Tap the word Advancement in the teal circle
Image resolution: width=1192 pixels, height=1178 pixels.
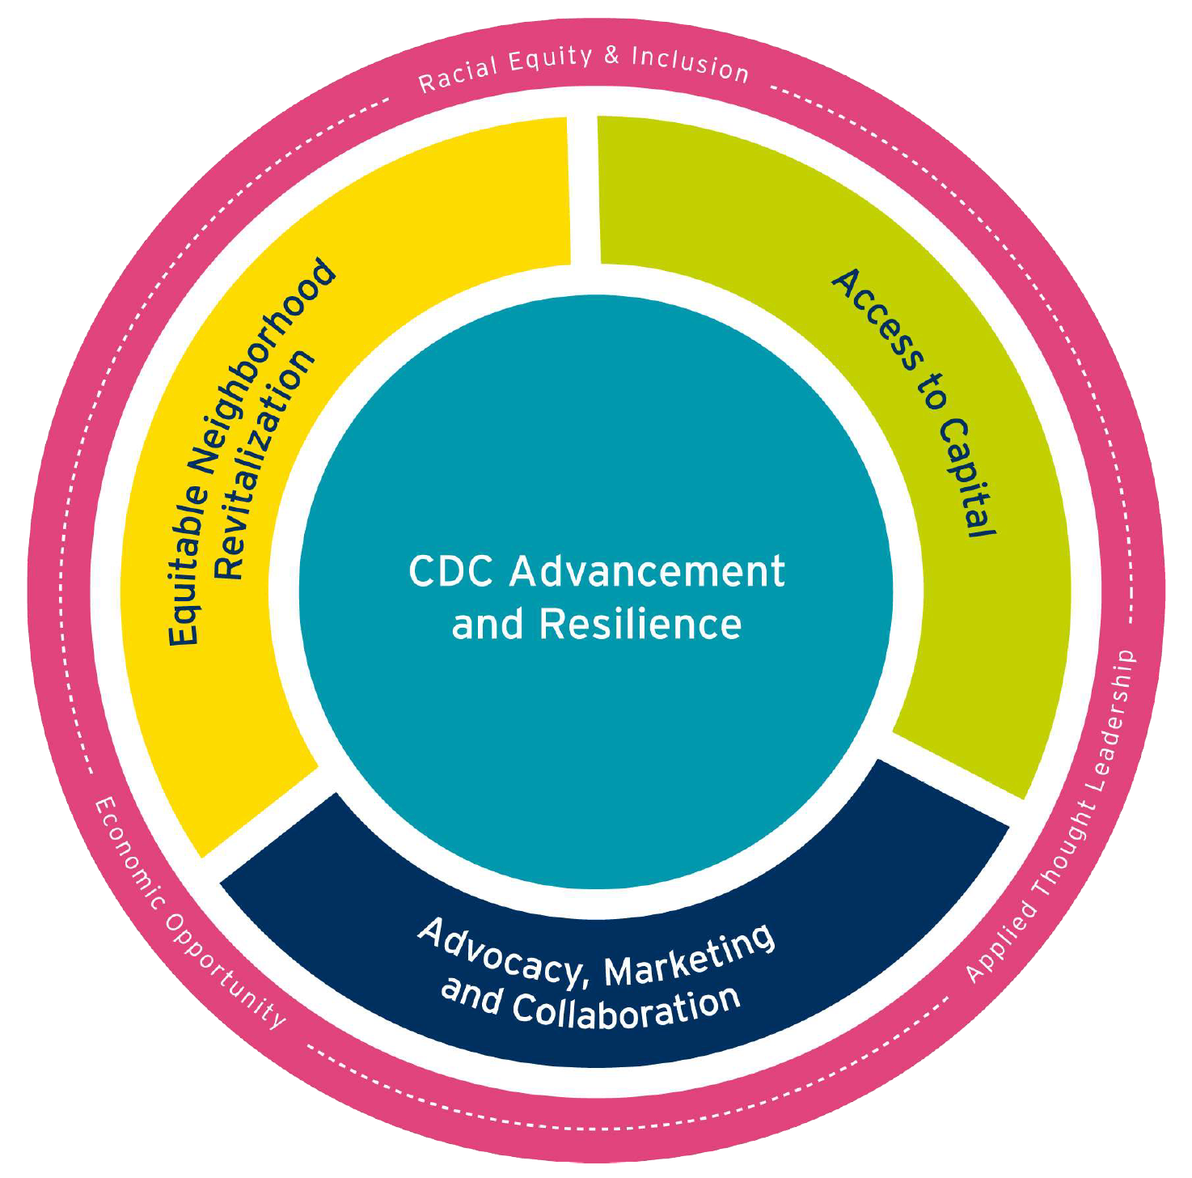tap(647, 571)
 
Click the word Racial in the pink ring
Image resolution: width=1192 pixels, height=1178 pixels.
tap(458, 74)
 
